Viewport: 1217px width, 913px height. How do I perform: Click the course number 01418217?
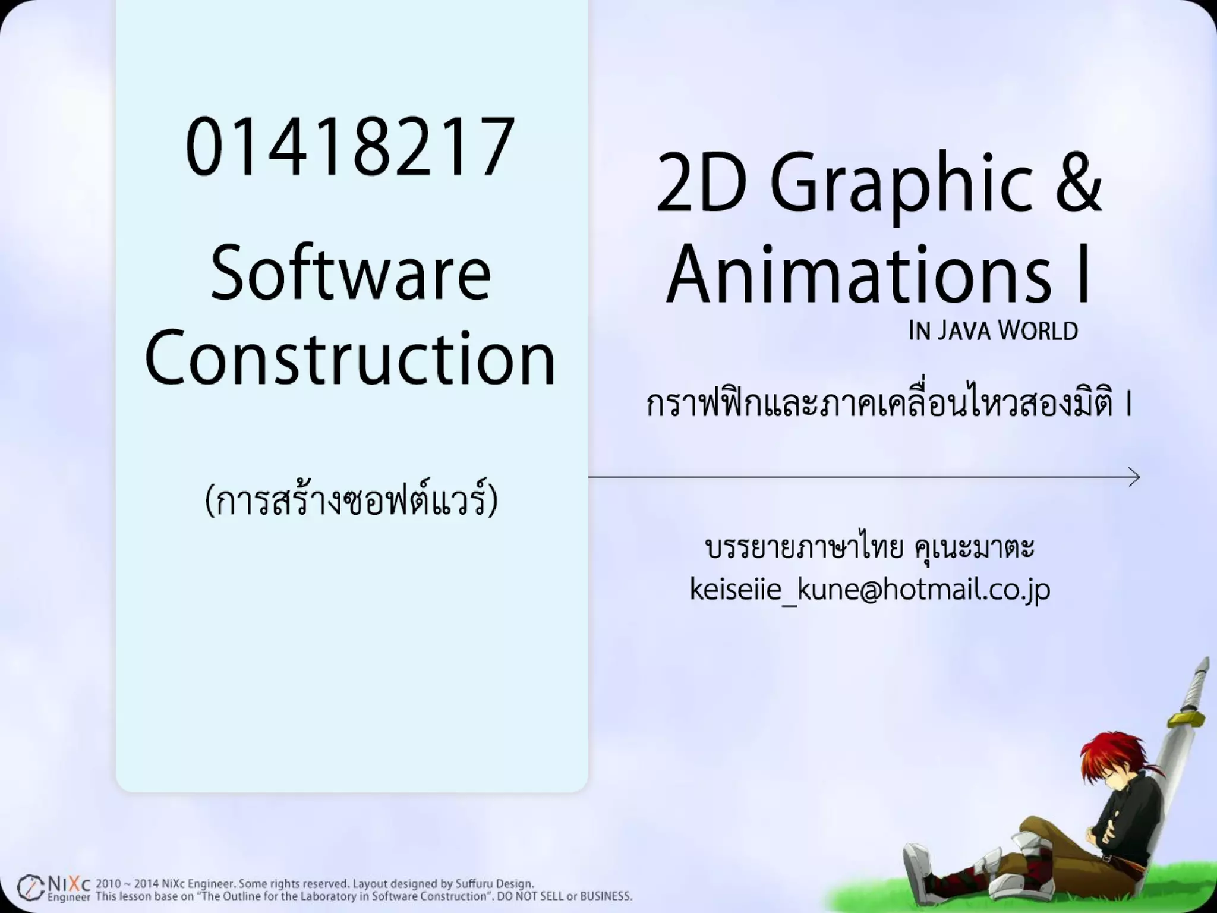click(x=350, y=147)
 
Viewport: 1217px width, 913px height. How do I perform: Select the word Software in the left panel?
click(x=351, y=275)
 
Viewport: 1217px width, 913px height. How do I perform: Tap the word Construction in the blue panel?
click(x=350, y=358)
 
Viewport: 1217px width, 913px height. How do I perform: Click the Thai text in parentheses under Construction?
click(x=351, y=500)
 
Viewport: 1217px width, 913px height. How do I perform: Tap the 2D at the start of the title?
click(x=701, y=183)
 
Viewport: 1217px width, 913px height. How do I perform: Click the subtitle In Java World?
click(x=993, y=331)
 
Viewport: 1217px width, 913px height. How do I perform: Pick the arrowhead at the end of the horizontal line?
click(x=1134, y=477)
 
